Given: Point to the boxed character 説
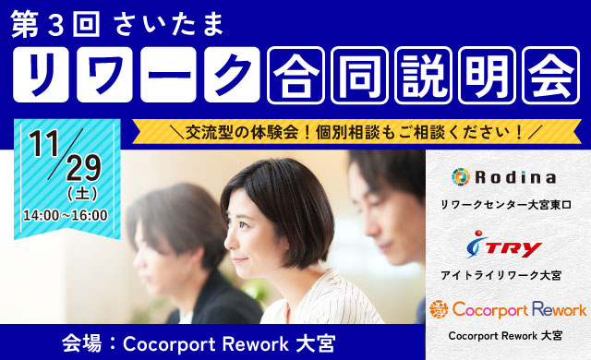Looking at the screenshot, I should coord(422,73).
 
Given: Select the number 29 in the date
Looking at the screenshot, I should coord(82,168).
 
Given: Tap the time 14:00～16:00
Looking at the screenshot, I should coord(66,215).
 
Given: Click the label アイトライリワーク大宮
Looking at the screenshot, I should coord(506,274).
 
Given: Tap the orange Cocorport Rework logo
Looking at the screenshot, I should coord(506,308).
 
